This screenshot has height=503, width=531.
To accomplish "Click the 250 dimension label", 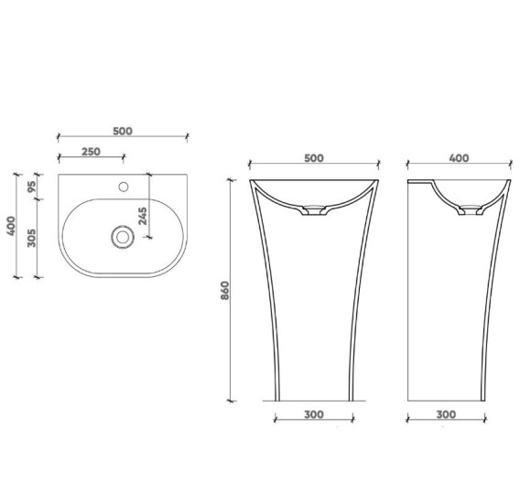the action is (92, 151).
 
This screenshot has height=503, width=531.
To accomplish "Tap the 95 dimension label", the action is (31, 187).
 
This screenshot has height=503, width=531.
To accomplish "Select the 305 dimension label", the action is (31, 238).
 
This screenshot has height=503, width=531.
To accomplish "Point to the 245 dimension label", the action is (143, 216).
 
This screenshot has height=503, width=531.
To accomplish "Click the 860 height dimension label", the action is (225, 290).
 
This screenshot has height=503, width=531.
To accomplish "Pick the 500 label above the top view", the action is (123, 131).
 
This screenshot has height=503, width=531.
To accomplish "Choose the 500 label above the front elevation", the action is (314, 158).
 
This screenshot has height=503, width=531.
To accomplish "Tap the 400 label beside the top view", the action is (11, 226).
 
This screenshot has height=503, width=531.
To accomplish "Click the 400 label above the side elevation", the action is (460, 158).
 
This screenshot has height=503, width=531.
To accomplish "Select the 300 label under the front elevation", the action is (314, 414).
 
